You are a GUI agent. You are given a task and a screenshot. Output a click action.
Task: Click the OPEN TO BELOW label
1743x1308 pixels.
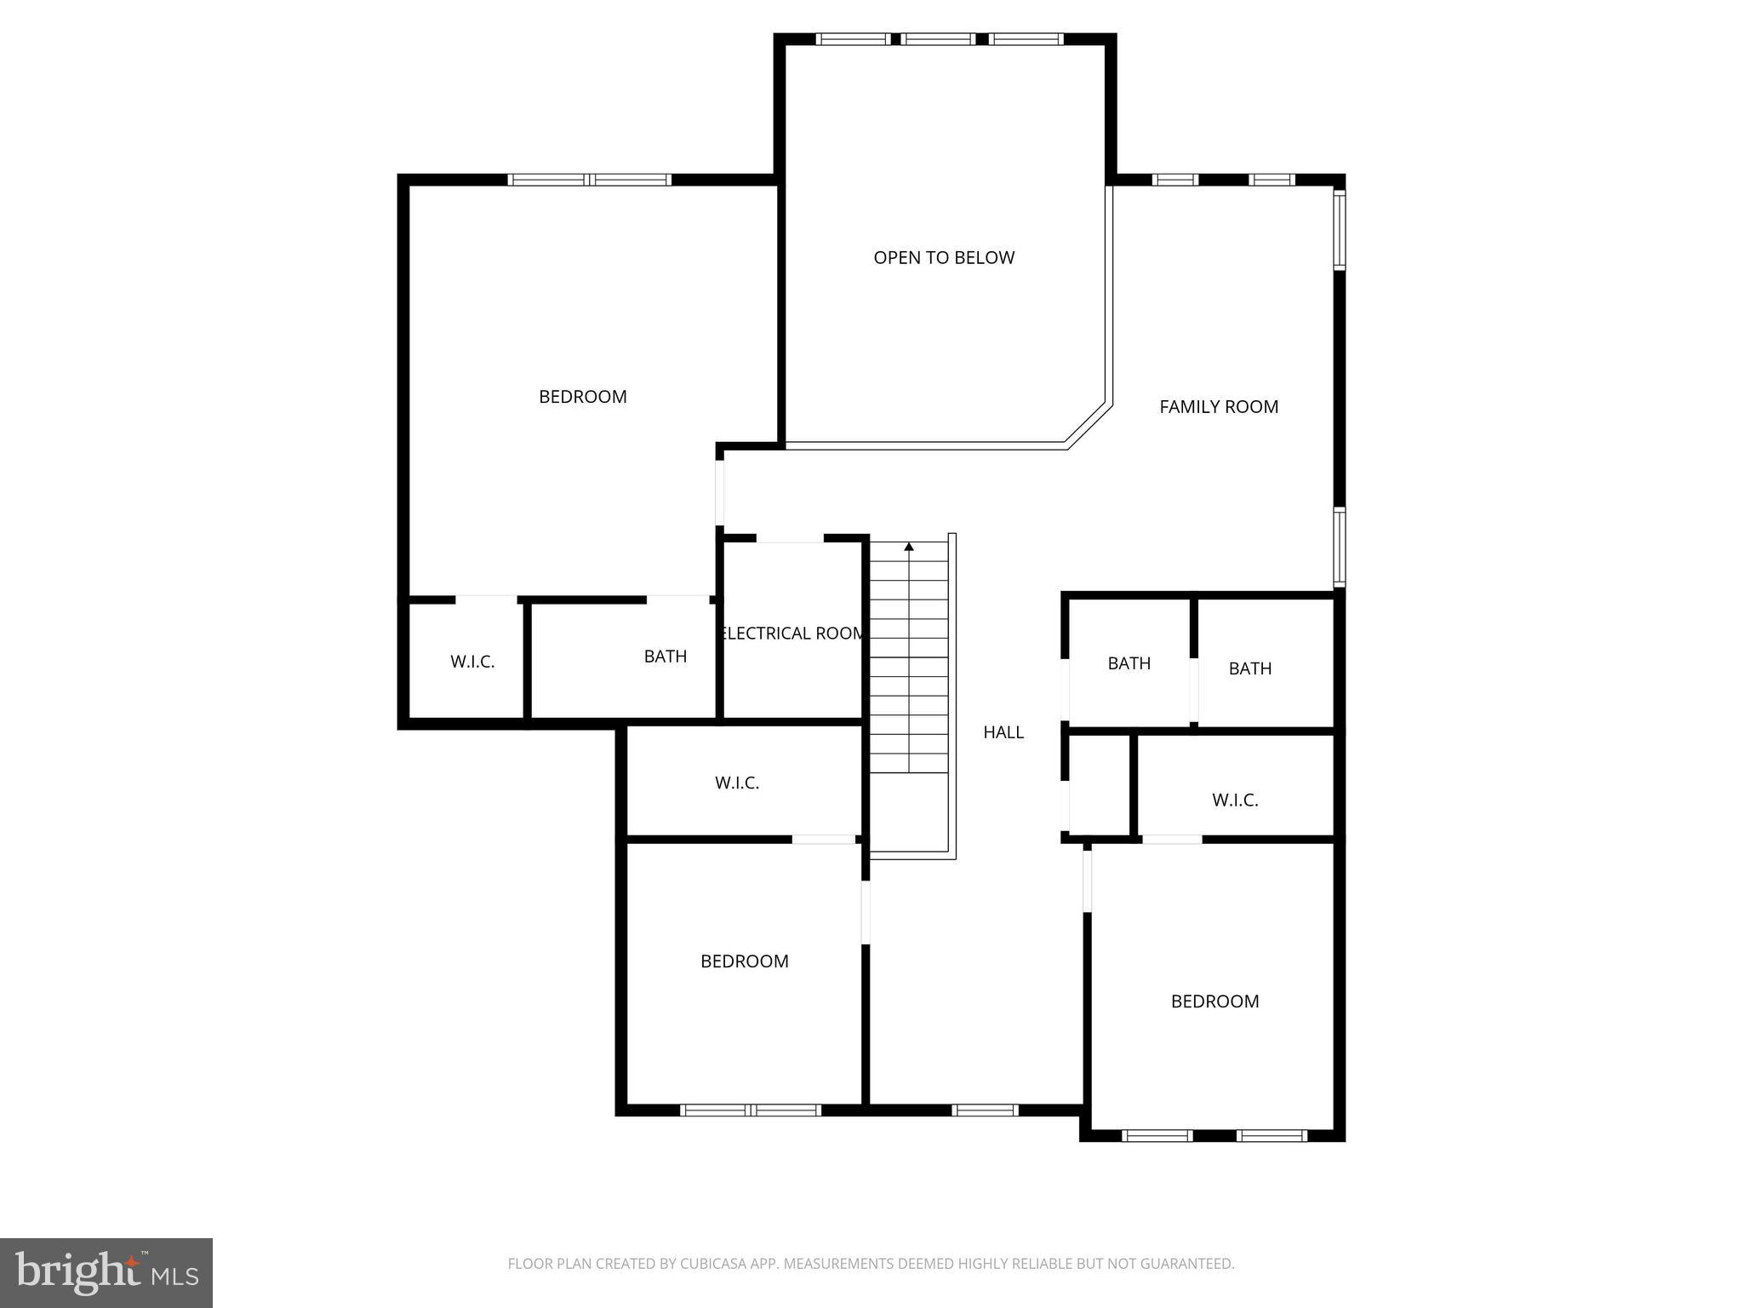pos(944,258)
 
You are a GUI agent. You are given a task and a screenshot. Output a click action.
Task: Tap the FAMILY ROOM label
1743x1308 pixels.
pos(1219,407)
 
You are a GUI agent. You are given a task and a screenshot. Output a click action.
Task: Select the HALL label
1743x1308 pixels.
pos(1003,732)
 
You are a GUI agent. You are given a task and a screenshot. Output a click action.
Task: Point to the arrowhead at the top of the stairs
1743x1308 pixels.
pos(909,547)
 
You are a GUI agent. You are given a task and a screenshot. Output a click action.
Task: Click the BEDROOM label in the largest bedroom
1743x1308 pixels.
pos(583,397)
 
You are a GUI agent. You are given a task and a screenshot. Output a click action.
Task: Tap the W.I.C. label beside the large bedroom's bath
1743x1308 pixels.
pos(472,662)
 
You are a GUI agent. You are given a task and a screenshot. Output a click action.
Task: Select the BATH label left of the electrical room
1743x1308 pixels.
pos(665,657)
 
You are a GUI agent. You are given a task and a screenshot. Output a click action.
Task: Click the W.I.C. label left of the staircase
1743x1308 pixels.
pos(737,783)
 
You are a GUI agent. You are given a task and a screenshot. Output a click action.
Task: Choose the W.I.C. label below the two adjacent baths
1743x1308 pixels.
pos(1235,800)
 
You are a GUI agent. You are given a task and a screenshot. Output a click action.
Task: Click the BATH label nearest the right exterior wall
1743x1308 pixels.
pos(1250,669)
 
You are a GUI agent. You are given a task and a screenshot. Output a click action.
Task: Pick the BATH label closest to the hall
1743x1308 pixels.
pos(1129,663)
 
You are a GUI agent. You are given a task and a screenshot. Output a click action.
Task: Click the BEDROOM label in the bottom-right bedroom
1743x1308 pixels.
pos(1214,1001)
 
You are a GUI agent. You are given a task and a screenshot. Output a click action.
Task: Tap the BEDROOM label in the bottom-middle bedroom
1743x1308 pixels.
pos(745,961)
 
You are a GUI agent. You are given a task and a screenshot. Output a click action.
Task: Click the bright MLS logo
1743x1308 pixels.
pos(106,1272)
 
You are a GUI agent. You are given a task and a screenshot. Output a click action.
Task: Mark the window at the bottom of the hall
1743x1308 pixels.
pos(985,1110)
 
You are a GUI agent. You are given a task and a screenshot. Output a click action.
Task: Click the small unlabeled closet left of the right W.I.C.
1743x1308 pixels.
pos(1099,785)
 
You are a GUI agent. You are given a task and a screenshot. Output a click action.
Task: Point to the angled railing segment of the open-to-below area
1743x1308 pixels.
pos(1089,425)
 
